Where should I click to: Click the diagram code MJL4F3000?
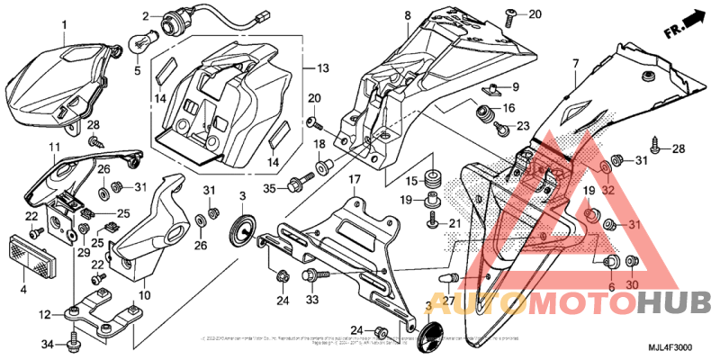[668, 346]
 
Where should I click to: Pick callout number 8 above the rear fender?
[407, 15]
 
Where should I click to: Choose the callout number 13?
[321, 68]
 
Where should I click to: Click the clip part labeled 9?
[495, 89]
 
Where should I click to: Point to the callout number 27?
[446, 299]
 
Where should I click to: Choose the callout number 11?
[54, 146]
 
